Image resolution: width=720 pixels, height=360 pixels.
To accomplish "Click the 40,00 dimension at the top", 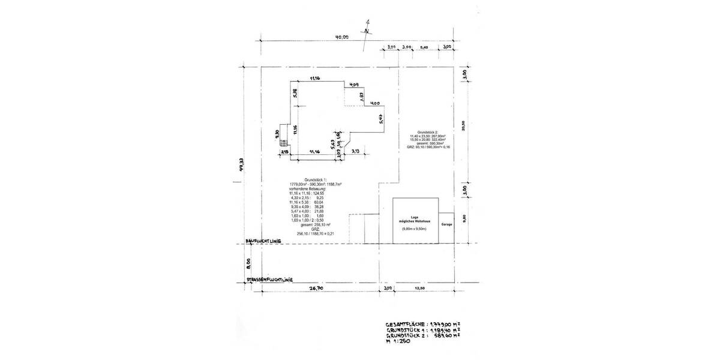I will (x=342, y=37).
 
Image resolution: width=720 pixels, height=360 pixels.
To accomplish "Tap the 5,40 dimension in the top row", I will (x=425, y=47).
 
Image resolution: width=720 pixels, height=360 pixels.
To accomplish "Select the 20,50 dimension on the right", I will (x=463, y=125).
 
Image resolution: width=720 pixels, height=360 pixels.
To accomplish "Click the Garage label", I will (x=446, y=224).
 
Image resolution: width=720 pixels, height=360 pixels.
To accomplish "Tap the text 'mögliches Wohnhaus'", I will (x=414, y=222).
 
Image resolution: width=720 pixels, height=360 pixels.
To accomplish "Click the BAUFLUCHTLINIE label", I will (x=270, y=241).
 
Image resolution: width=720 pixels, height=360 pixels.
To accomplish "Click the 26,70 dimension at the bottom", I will (x=316, y=288).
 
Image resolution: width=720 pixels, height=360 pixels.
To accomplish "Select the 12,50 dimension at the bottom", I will (x=420, y=289).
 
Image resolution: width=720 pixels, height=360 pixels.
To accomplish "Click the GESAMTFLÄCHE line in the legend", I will (x=423, y=324).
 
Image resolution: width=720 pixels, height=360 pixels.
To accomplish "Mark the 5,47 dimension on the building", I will (x=381, y=118).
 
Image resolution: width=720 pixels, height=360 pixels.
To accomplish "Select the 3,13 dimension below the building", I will (x=355, y=152).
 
